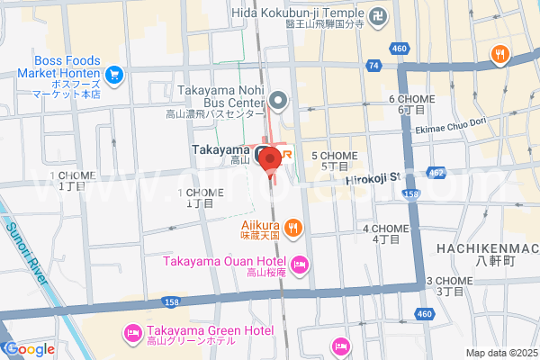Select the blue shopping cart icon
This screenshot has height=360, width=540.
pos(114,75)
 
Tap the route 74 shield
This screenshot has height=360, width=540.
pos(373,66)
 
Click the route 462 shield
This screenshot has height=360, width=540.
pos(436,171)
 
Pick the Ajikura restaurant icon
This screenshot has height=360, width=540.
pos(293,226)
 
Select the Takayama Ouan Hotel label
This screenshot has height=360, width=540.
pos(224,262)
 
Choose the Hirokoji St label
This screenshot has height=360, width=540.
pos(372,180)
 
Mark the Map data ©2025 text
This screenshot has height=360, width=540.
pos(500,353)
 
